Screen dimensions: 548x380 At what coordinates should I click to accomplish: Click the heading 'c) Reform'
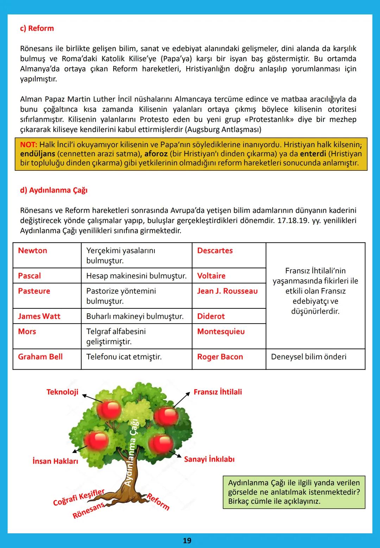point(37,28)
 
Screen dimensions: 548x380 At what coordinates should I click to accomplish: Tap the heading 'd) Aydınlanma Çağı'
point(53,190)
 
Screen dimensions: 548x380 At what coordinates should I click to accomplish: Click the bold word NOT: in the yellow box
point(28,144)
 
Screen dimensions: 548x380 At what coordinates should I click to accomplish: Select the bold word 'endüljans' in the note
point(37,154)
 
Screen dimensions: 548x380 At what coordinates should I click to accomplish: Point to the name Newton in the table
point(32,251)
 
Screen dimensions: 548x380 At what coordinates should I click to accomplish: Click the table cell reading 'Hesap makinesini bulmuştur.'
point(136,276)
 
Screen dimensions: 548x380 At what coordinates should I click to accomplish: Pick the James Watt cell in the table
point(39,317)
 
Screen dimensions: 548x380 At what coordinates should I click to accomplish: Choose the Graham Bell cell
point(40,357)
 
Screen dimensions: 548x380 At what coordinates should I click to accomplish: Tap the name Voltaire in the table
point(211,276)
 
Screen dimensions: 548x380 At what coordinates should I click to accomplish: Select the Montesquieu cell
point(221,332)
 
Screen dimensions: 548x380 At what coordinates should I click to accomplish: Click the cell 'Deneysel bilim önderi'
point(308,357)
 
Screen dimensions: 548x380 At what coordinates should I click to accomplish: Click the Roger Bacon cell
point(220,357)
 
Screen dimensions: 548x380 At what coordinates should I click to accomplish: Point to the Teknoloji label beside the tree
point(62,392)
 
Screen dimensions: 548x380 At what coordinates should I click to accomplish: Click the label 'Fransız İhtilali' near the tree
point(218,392)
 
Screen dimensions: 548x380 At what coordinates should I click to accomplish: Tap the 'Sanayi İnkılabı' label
point(209,459)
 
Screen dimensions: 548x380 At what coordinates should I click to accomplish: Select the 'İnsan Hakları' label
point(55,461)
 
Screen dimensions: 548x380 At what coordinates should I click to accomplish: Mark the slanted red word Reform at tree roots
point(158,502)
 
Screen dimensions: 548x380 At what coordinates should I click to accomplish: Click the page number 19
point(187,541)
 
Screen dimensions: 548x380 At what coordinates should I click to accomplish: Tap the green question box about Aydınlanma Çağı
point(294,492)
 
